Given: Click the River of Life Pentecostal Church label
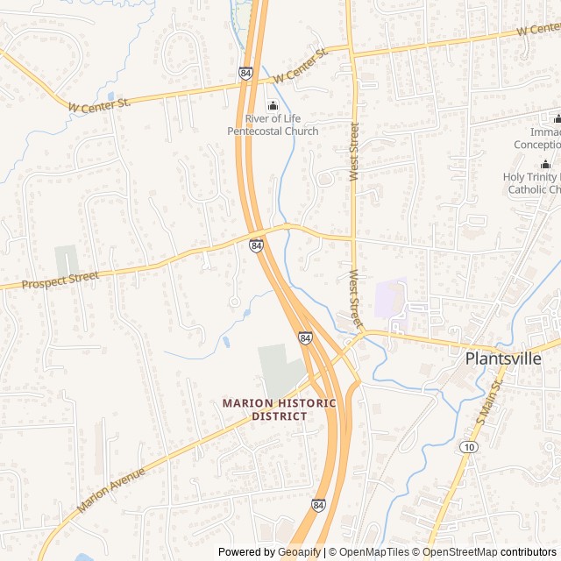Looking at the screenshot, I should pyautogui.click(x=273, y=124).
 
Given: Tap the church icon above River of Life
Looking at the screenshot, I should pyautogui.click(x=273, y=106).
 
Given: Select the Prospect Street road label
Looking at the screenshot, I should pyautogui.click(x=60, y=280).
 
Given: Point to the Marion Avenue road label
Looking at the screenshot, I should pyautogui.click(x=110, y=490).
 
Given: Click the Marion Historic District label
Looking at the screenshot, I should pyautogui.click(x=279, y=409).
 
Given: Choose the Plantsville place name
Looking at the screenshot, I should pyautogui.click(x=502, y=359).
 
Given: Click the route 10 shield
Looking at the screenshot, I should pyautogui.click(x=470, y=448).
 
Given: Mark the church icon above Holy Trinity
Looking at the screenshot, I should pyautogui.click(x=545, y=164).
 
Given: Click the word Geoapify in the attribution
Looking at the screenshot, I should pyautogui.click(x=299, y=552).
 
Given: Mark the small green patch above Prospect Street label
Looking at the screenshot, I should pyautogui.click(x=67, y=260).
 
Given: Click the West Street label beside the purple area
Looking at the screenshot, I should pyautogui.click(x=355, y=299).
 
